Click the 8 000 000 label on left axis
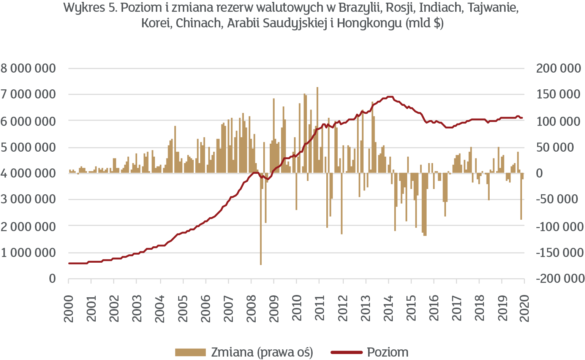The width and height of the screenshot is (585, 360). [x=28, y=68]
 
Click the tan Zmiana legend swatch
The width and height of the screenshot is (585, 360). [x=190, y=352]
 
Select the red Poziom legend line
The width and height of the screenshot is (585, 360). [x=346, y=352]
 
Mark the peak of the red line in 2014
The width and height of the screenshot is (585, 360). [x=389, y=97]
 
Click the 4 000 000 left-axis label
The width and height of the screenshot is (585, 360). [x=28, y=173]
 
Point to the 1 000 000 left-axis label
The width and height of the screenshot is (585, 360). [x=28, y=252]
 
